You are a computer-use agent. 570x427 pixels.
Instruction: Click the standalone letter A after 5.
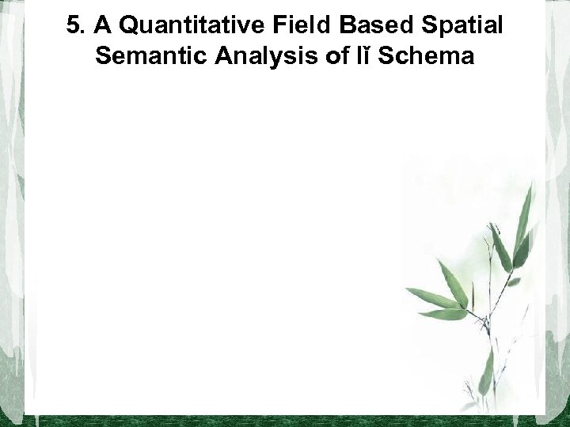click(x=100, y=26)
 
